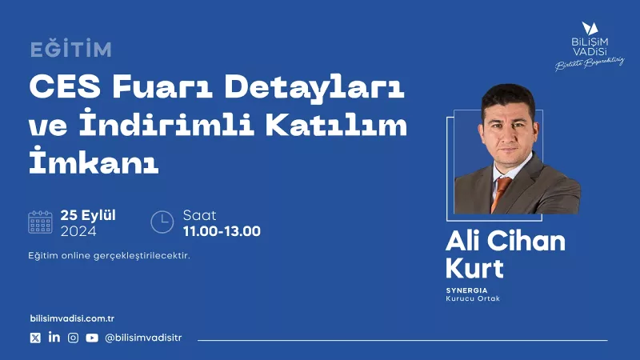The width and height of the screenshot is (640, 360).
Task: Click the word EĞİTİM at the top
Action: click(71, 50)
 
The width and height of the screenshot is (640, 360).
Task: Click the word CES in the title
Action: click(65, 86)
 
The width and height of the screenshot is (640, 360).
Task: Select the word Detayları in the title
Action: click(314, 88)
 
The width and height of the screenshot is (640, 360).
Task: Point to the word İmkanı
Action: click(94, 160)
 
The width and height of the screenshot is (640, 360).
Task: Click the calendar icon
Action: click(41, 222)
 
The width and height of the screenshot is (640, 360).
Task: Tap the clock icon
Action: click(162, 222)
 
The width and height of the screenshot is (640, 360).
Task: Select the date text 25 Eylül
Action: click(88, 215)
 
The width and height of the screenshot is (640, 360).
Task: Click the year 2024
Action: click(78, 231)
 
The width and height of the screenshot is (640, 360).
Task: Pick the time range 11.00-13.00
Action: click(222, 231)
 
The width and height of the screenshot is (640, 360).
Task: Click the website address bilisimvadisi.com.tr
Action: click(72, 318)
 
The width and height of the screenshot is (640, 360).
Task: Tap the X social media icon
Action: click(35, 338)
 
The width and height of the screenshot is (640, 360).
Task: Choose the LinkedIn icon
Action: click(54, 337)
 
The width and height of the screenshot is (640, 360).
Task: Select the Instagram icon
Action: click(73, 338)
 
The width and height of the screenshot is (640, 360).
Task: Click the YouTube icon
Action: click(92, 338)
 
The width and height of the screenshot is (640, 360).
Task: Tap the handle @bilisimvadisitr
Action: click(143, 338)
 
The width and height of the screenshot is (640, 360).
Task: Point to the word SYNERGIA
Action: click(466, 290)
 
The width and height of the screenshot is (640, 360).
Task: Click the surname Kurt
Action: click(474, 268)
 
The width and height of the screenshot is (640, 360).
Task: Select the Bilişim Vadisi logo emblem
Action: click(590, 28)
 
